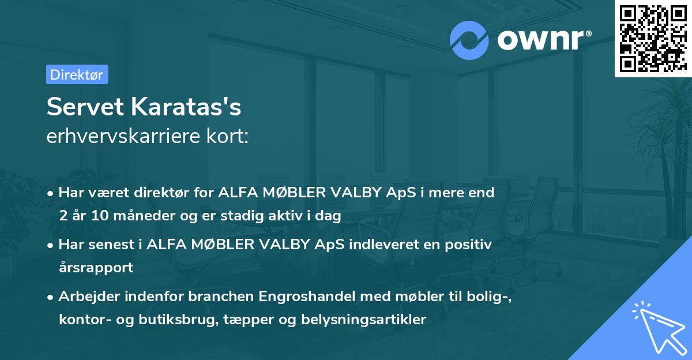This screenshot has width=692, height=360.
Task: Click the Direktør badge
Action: pos(77,74)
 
